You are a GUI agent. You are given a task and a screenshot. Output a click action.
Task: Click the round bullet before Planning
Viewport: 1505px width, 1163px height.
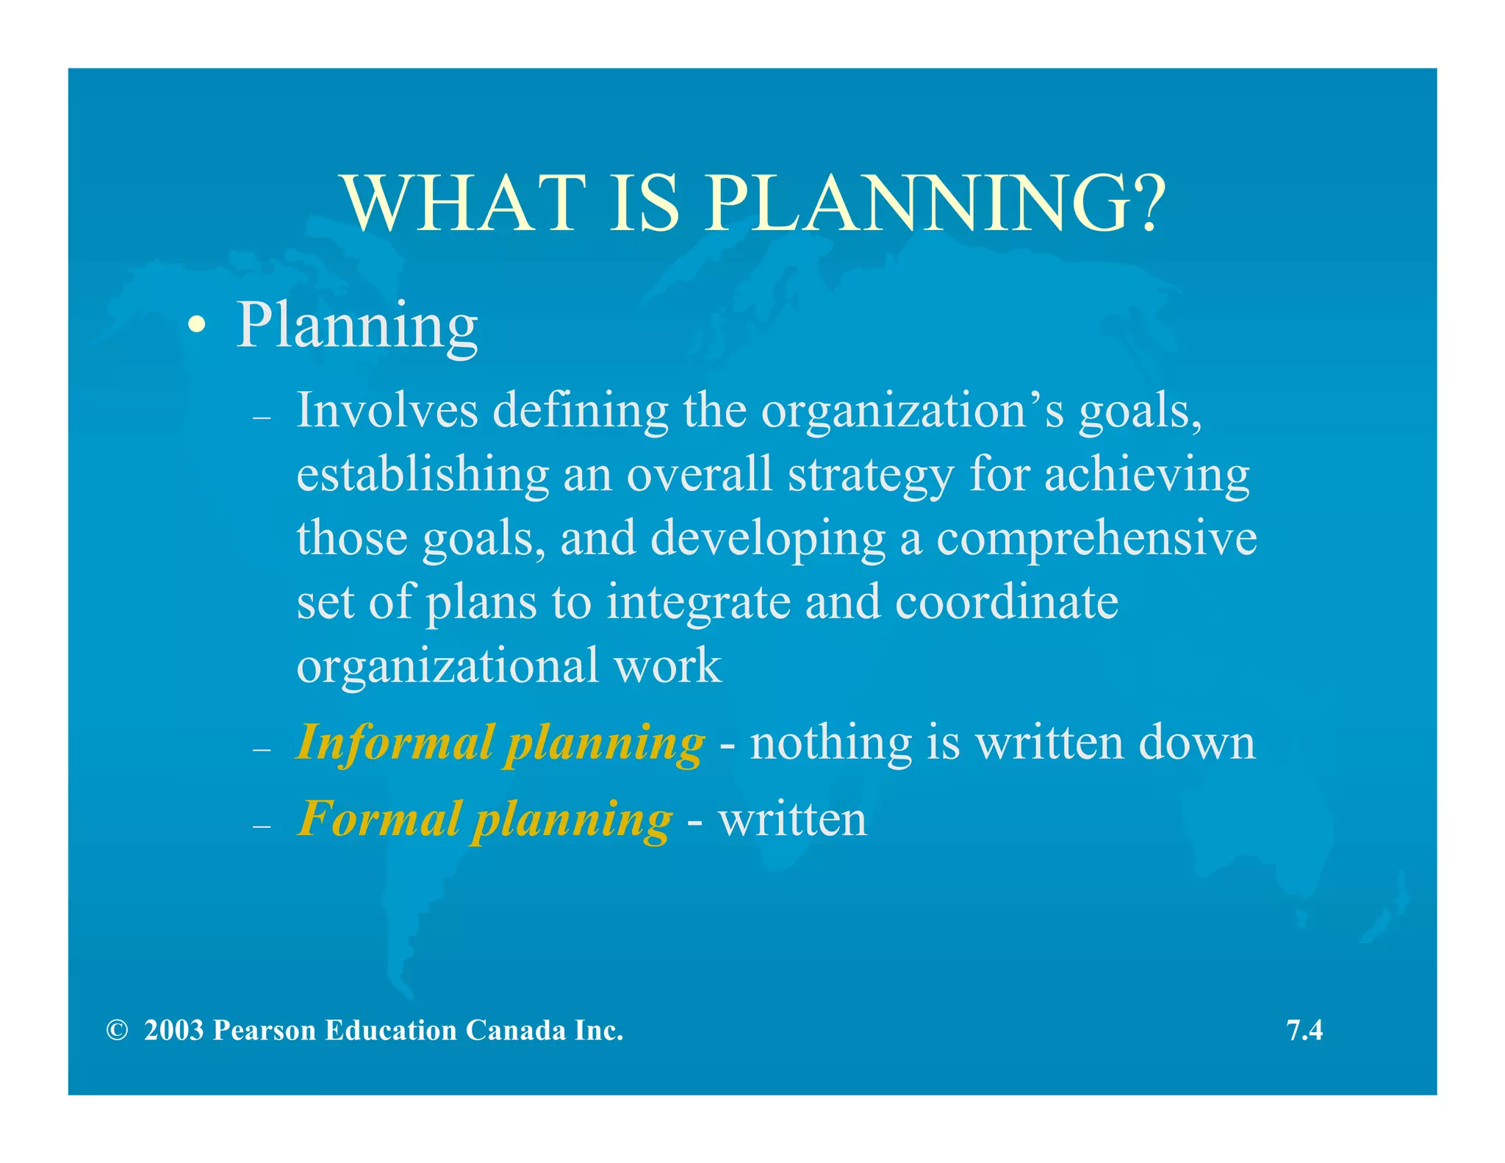click(195, 325)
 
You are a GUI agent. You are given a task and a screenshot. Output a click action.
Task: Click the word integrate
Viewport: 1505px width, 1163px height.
click(699, 604)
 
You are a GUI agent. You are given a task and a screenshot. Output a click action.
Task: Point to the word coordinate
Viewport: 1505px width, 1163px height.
click(1007, 602)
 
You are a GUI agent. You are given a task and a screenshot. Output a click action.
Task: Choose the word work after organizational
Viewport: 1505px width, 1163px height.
click(668, 666)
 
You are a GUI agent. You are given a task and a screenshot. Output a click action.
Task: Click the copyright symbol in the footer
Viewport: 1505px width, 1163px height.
click(116, 1031)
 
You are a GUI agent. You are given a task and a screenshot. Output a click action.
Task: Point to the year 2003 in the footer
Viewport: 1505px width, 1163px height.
click(173, 1031)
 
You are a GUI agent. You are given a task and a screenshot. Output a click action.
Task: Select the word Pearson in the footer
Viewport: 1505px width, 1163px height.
click(265, 1031)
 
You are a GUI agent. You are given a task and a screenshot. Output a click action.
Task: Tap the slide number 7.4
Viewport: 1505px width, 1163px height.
click(1304, 1031)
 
